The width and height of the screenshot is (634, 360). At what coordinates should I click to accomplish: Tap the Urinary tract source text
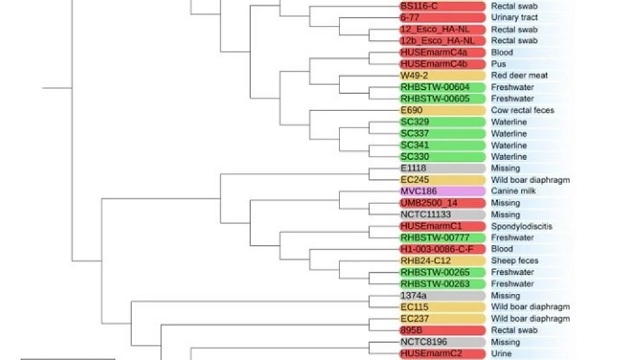[514, 18]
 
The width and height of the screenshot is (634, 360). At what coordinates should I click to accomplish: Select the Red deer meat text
[519, 75]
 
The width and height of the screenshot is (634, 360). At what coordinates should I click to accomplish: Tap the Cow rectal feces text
[522, 110]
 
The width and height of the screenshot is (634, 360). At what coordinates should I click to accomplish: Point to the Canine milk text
[513, 191]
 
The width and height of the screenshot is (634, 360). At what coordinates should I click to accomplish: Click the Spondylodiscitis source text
[522, 226]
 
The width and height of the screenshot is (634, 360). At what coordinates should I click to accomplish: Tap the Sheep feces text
[514, 261]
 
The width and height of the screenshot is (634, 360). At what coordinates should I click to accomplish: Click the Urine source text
[502, 353]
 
